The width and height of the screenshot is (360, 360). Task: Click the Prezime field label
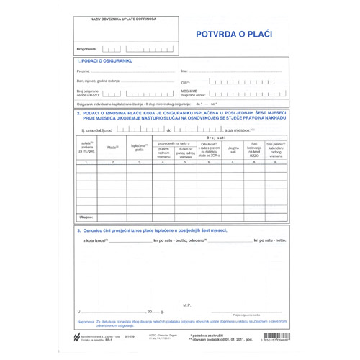point(83,71)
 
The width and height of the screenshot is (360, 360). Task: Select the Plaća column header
point(112,147)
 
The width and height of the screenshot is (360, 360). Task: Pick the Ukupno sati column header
point(233,150)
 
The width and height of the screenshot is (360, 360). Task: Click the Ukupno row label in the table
point(86,216)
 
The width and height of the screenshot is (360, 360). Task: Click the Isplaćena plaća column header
point(139,147)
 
